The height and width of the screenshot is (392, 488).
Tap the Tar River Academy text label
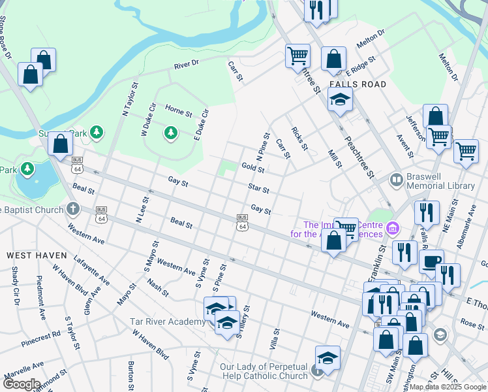(167, 321)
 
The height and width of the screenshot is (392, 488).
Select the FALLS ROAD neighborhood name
(358, 85)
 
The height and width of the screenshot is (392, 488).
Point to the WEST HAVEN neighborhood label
(37, 254)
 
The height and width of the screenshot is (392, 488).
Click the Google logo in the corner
(21, 384)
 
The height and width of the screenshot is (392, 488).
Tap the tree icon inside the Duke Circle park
(171, 133)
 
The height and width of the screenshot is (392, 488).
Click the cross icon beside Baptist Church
(73, 210)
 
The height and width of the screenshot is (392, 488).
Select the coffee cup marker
(431, 262)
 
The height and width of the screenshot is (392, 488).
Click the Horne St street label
(178, 110)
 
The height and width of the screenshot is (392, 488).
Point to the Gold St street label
(252, 169)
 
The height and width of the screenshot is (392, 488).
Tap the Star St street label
(258, 188)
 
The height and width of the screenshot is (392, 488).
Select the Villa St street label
(275, 338)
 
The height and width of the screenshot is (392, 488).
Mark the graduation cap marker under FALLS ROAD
(340, 100)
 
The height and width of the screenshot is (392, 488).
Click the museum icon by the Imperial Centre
(392, 228)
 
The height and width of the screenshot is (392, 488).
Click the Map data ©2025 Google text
(448, 387)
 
